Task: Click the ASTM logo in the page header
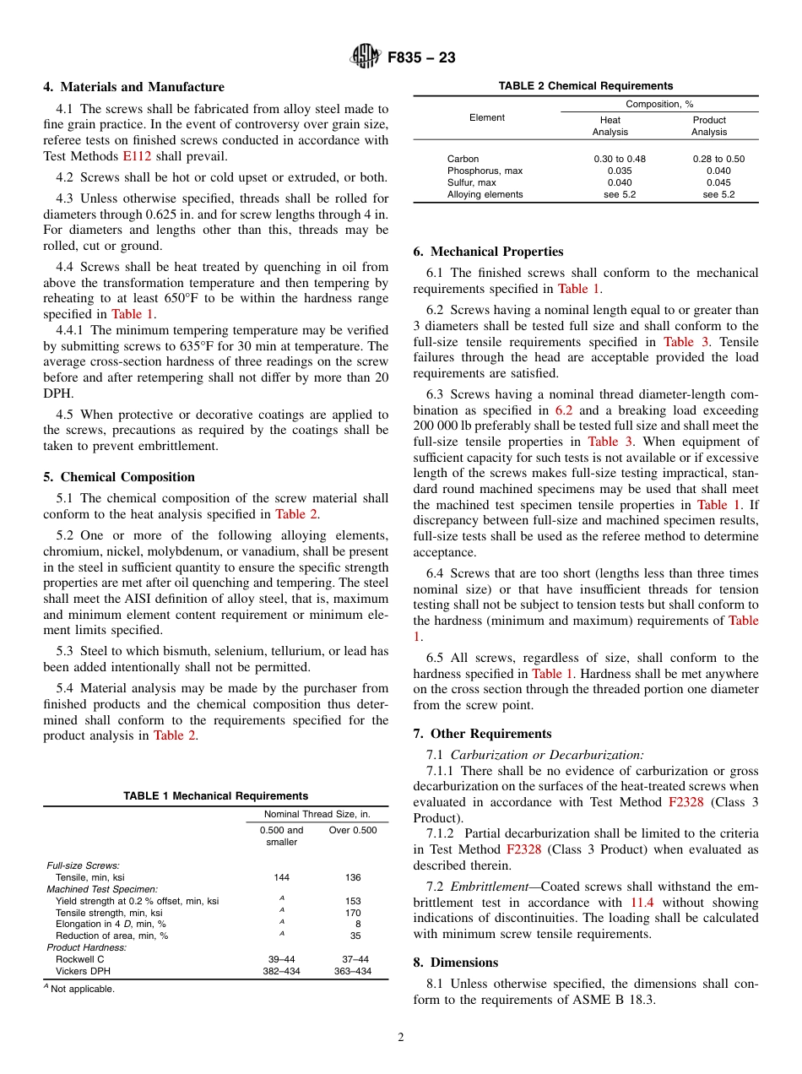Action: point(366,57)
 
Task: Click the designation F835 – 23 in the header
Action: point(421,57)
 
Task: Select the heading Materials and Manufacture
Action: point(133,87)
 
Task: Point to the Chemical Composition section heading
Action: point(119,477)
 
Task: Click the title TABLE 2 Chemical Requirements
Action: point(585,86)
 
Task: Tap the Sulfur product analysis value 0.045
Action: point(718,182)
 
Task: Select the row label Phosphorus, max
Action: point(485,171)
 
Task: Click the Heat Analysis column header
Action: point(610,126)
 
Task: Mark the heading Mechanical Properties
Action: point(488,252)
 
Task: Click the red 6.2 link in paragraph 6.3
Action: point(564,410)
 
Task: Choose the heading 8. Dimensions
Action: point(456,963)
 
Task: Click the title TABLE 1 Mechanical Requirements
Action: point(215,796)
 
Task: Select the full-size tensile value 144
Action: point(282,877)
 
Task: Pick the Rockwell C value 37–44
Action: point(353,959)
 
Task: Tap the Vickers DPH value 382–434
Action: point(282,971)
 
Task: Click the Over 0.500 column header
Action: point(353,830)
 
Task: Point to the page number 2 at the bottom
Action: point(401,1038)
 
